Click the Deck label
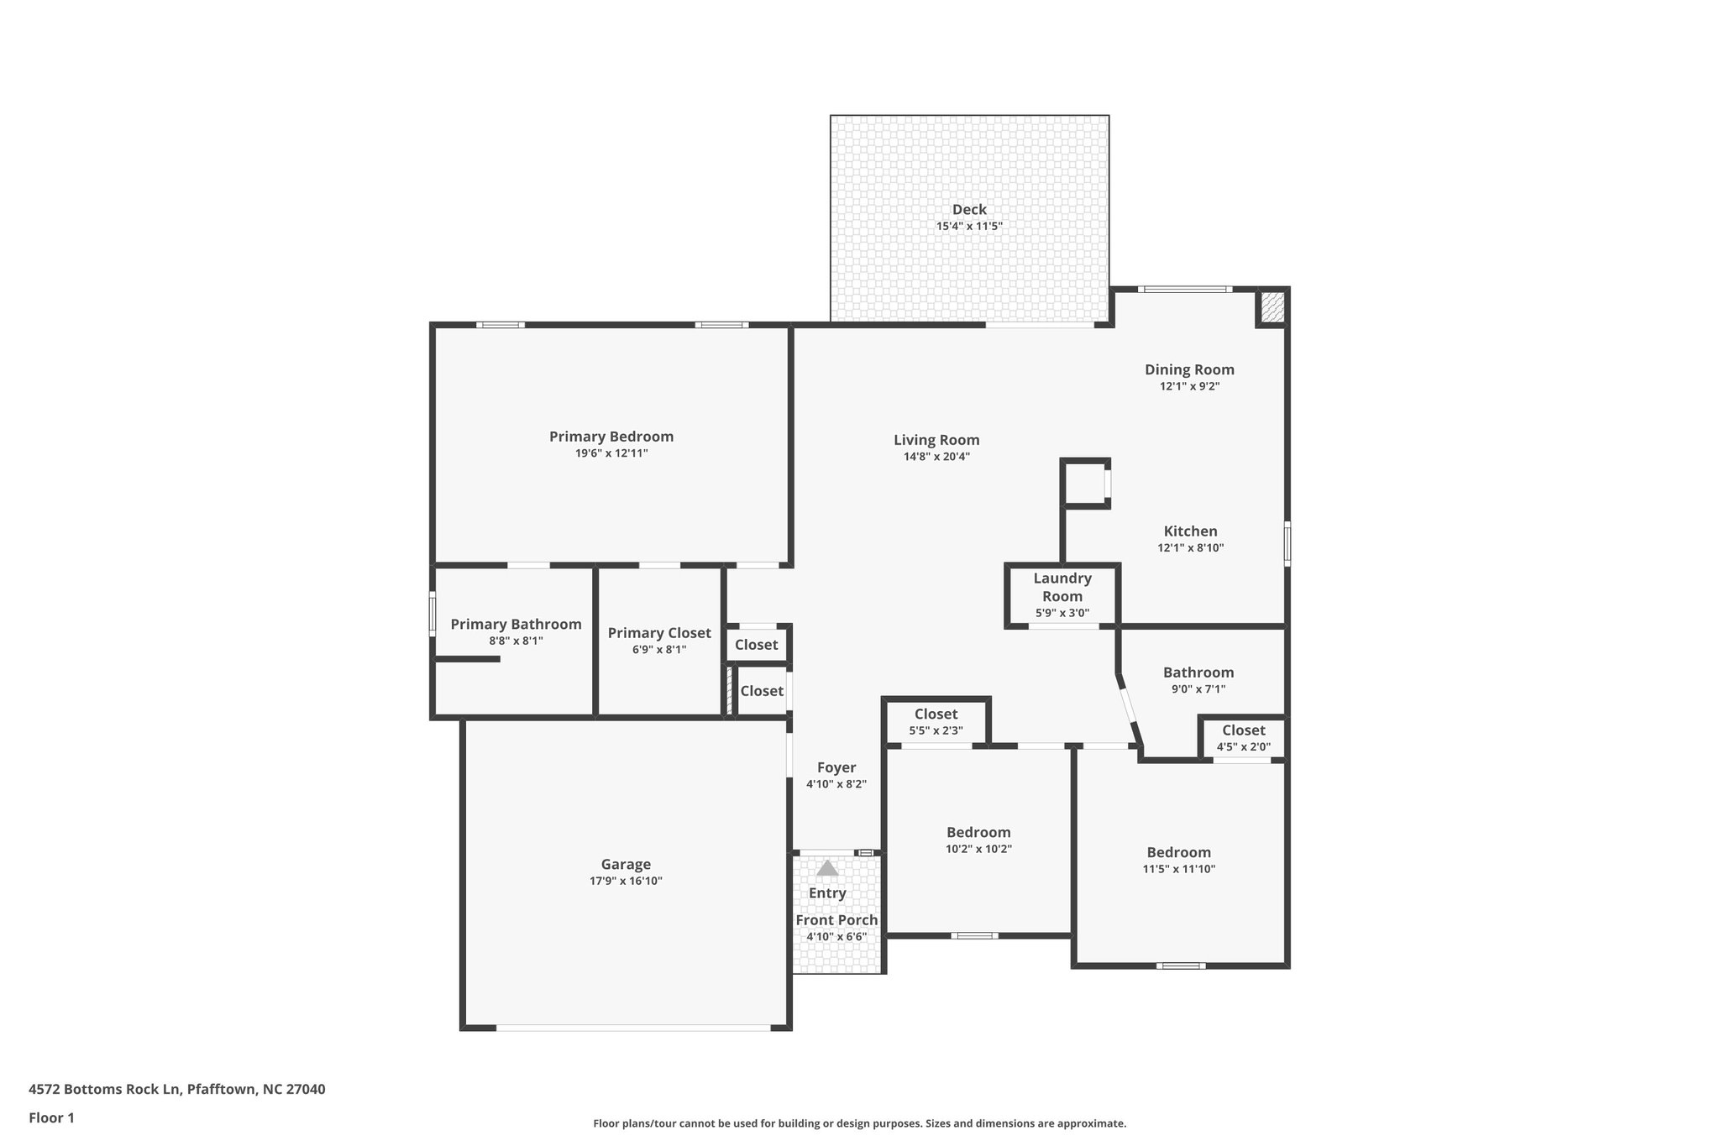[968, 210]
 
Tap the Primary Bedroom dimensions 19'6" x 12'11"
[611, 453]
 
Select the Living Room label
[936, 440]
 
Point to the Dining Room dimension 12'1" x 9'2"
[1189, 386]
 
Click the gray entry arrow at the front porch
[827, 869]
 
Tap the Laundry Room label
[1062, 587]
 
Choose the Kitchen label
[1190, 531]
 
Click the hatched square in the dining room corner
[1272, 308]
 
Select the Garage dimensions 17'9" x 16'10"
[626, 881]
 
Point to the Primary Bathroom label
[516, 624]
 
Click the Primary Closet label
[659, 633]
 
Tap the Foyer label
[836, 767]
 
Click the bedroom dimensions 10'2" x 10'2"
[978, 849]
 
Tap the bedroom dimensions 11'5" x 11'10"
[1178, 869]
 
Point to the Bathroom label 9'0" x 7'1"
[1198, 672]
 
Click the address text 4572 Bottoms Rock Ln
[105, 1090]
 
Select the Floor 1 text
[51, 1118]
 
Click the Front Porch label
[836, 920]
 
